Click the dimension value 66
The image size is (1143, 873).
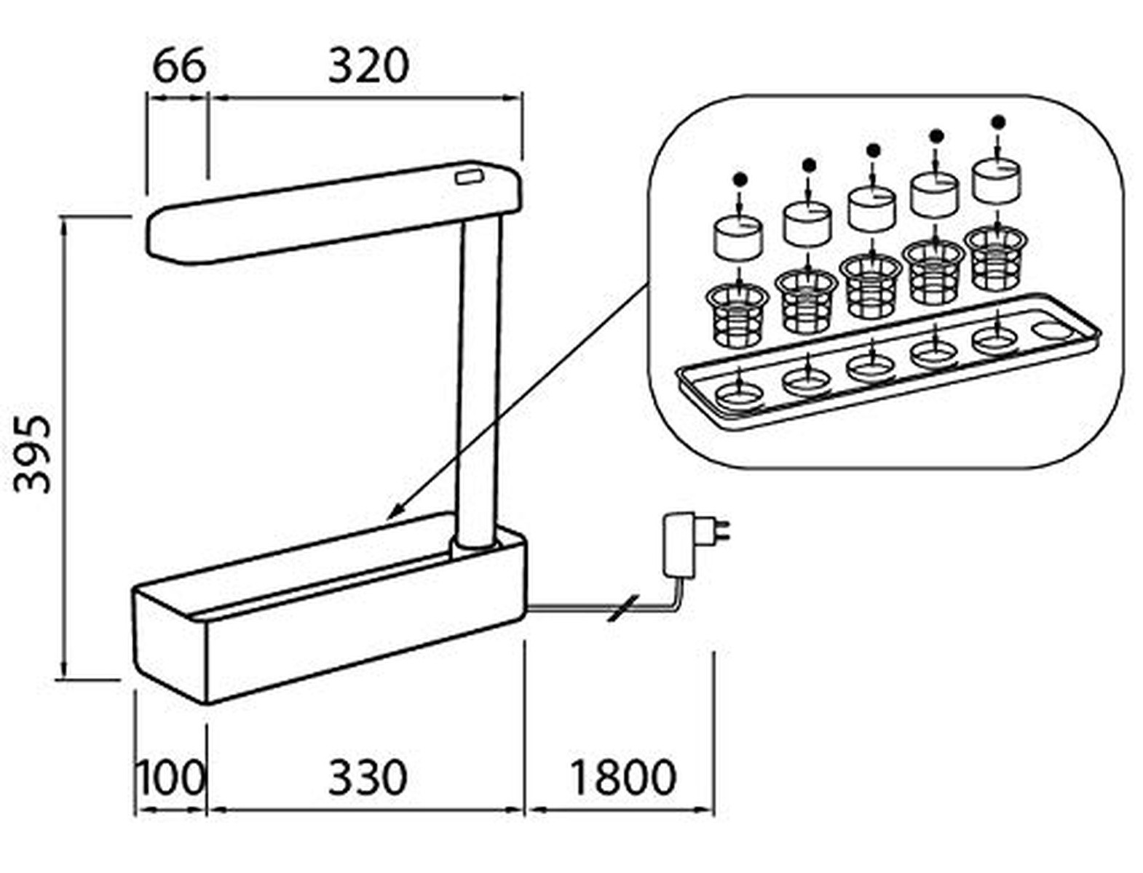tap(179, 66)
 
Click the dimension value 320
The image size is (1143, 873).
tap(368, 66)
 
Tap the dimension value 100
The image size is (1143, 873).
tap(170, 778)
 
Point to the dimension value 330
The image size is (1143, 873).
tap(367, 778)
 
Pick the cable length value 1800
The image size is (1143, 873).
tap(623, 778)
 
